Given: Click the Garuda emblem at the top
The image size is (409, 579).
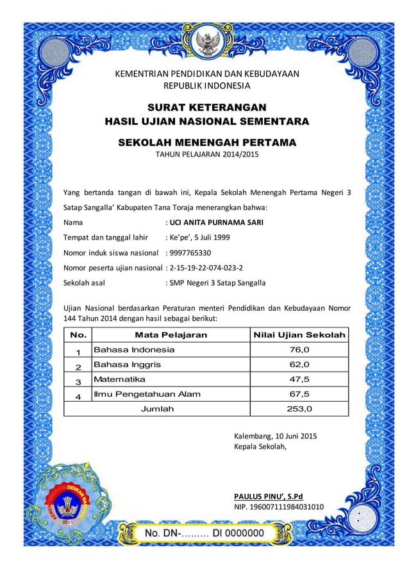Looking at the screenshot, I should click(x=206, y=42).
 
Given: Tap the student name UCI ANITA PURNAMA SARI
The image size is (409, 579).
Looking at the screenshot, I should click(x=214, y=223).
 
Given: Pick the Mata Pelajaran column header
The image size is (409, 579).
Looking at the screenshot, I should click(x=171, y=335).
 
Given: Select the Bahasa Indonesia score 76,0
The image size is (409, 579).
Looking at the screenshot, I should click(x=299, y=350).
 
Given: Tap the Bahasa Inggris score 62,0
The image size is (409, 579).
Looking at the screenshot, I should click(x=299, y=365).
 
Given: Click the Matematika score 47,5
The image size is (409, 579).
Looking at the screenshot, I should click(x=299, y=379).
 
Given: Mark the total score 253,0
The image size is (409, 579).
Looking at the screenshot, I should click(x=299, y=408).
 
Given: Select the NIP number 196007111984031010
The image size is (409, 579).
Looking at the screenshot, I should click(x=280, y=508).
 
